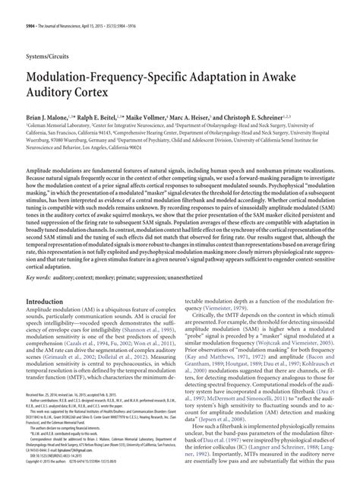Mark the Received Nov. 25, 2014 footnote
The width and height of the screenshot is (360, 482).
46,417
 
